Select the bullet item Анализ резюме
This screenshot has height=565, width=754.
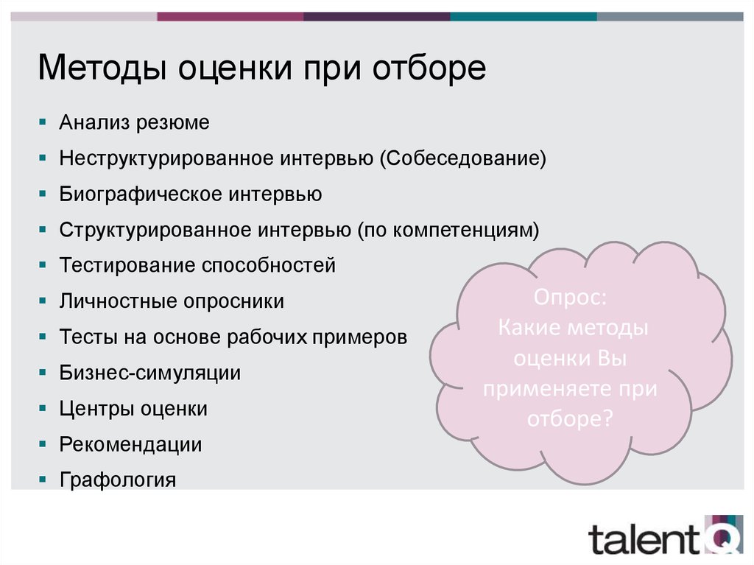[x=135, y=122]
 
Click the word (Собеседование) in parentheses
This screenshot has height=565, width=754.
[x=463, y=158]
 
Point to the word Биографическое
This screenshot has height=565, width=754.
[x=141, y=194]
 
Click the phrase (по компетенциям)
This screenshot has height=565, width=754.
[x=448, y=230]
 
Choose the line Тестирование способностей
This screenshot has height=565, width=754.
[x=197, y=265]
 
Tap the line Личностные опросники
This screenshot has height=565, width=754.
[x=172, y=301]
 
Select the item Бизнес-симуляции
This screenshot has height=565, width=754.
[x=150, y=373]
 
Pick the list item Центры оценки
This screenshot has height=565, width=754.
[x=133, y=409]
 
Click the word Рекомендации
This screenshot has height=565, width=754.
[x=131, y=444]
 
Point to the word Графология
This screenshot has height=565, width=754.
[x=118, y=480]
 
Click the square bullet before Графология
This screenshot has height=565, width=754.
[x=43, y=479]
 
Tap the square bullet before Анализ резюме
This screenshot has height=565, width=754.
[x=43, y=122]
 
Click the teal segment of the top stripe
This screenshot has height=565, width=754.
[x=523, y=15]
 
